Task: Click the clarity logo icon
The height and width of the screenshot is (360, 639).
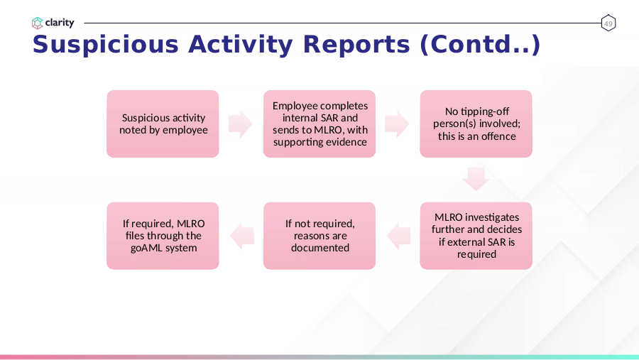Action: point(37,23)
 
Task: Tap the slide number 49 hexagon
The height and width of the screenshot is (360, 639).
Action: point(608,23)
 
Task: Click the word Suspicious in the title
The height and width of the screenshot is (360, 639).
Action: point(106,45)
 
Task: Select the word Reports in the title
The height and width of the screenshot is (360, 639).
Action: point(356,45)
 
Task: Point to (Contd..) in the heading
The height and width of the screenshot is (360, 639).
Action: point(480,45)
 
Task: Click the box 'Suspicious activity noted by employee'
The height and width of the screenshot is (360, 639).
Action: point(163,124)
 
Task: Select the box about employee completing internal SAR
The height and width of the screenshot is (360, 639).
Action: point(319,124)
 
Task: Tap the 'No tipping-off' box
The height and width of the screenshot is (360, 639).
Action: point(476,124)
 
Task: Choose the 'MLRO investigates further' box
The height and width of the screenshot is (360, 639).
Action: point(476,236)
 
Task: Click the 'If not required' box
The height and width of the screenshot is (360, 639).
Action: point(319,236)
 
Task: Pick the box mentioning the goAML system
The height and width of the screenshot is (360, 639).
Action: point(163,236)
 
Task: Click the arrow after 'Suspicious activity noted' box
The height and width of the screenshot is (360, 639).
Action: point(241,124)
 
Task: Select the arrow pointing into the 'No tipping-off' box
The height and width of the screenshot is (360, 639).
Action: point(397,124)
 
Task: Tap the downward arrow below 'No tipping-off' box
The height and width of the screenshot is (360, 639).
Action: point(476,179)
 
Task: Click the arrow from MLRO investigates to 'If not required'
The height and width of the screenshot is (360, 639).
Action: point(398,236)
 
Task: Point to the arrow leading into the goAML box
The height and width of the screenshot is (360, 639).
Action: point(241,236)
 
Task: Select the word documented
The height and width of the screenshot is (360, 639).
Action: point(320,248)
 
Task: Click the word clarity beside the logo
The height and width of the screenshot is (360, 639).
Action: point(60,23)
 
